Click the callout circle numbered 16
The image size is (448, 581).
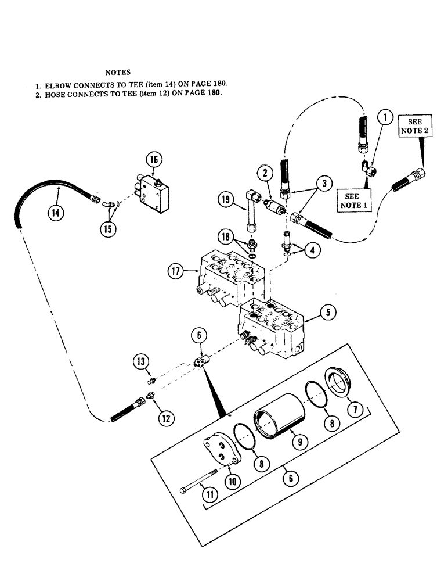click(x=155, y=160)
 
